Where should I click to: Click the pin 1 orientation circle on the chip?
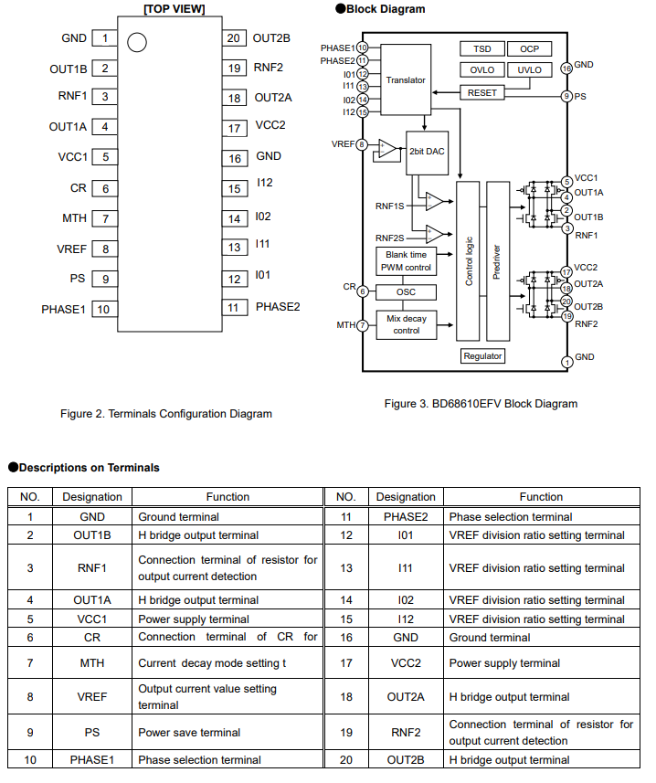(137, 42)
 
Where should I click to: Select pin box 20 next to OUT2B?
(234, 38)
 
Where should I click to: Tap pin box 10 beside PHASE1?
(103, 309)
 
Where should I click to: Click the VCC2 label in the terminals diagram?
(270, 126)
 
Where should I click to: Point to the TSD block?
(481, 48)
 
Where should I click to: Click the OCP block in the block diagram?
(529, 48)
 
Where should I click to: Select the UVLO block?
(529, 70)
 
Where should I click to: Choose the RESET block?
(481, 92)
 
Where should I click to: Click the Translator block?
(406, 79)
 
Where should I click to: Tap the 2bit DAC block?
(427, 151)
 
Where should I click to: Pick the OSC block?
(406, 291)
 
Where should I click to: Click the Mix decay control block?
(406, 324)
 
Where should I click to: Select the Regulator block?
(482, 355)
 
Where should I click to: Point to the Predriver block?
(497, 260)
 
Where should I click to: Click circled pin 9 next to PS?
(566, 96)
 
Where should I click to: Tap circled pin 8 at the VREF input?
(363, 144)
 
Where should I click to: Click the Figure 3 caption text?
(481, 403)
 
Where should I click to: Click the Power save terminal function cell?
(227, 732)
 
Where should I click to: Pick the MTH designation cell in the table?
(92, 662)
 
